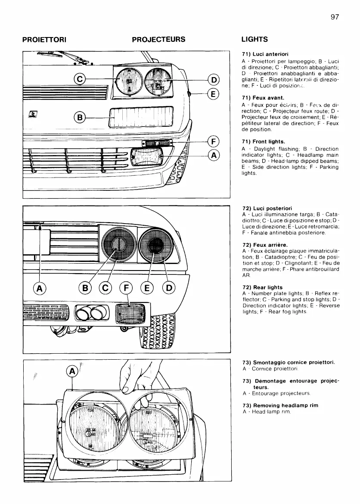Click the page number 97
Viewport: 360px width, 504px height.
coord(335,17)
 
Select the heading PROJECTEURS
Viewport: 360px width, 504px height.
coord(158,40)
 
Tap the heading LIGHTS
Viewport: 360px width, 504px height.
coord(254,40)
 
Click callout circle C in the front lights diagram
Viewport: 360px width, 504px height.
coord(81,79)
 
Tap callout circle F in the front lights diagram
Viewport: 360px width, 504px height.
coord(214,141)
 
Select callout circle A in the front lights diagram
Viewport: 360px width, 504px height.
coord(214,155)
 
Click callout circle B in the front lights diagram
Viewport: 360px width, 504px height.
coord(81,116)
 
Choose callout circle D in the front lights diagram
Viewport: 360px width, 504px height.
coord(214,79)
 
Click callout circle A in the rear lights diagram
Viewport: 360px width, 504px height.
coord(40,289)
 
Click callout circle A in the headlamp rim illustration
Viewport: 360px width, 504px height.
coord(72,371)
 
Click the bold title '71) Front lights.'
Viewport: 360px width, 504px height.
coord(264,141)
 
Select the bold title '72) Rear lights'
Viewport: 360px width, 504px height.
coord(263,287)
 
